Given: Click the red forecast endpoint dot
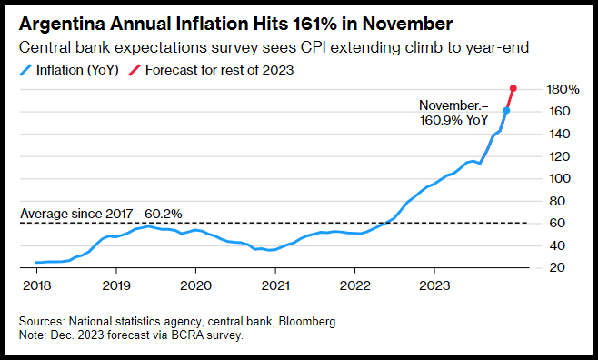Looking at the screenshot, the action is click(x=513, y=88).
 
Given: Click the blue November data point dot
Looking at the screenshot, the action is click(x=506, y=111).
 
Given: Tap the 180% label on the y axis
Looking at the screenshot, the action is click(x=563, y=90).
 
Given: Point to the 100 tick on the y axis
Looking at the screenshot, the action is click(x=560, y=178).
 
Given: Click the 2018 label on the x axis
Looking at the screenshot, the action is click(x=37, y=285).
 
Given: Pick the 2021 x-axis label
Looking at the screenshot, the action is click(x=275, y=285).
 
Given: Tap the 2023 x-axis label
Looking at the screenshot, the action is click(x=434, y=285).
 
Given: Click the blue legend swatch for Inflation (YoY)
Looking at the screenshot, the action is click(x=25, y=70).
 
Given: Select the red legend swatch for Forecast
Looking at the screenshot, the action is click(x=135, y=70).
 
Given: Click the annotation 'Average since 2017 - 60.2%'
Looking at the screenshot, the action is click(x=101, y=214).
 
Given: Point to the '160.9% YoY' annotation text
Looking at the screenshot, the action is click(x=453, y=120).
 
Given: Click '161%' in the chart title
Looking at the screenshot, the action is click(x=314, y=24).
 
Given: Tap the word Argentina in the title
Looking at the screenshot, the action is click(x=62, y=25).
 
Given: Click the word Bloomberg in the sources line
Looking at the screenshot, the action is click(x=307, y=322).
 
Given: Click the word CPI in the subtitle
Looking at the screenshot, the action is click(x=313, y=48).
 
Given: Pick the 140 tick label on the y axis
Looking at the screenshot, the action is click(x=560, y=134).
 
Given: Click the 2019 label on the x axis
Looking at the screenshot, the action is click(x=116, y=285).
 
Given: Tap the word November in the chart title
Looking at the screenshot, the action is click(x=407, y=24).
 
